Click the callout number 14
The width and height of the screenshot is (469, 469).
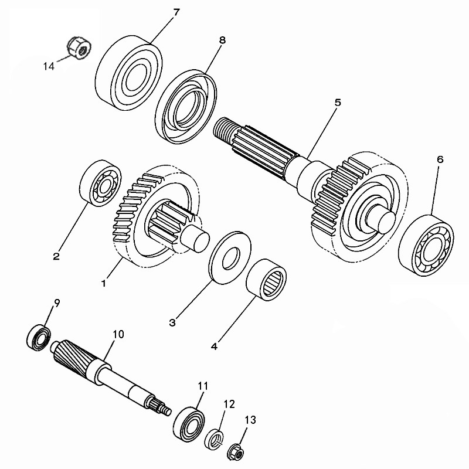click(x=49, y=66)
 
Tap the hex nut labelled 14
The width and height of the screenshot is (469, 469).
click(x=79, y=48)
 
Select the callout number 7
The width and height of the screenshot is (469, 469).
click(x=176, y=12)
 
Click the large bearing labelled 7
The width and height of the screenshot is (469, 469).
click(x=129, y=73)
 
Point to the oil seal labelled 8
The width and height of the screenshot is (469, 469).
click(x=185, y=106)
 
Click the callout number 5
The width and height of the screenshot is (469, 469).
click(x=338, y=103)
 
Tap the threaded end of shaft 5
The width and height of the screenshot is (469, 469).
click(x=223, y=128)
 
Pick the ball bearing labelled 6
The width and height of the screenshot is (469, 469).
click(x=426, y=245)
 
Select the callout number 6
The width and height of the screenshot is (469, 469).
click(x=440, y=159)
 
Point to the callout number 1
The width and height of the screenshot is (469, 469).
click(x=104, y=283)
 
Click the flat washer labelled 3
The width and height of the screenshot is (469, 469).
click(x=230, y=257)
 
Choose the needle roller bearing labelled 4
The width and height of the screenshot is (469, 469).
click(x=266, y=280)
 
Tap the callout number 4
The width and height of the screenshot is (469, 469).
click(x=214, y=346)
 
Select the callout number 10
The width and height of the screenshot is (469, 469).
click(x=118, y=334)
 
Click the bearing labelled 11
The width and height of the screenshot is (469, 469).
click(x=189, y=424)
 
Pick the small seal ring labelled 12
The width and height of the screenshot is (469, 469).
click(x=214, y=439)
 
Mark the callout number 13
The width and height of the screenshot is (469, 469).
click(x=250, y=420)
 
